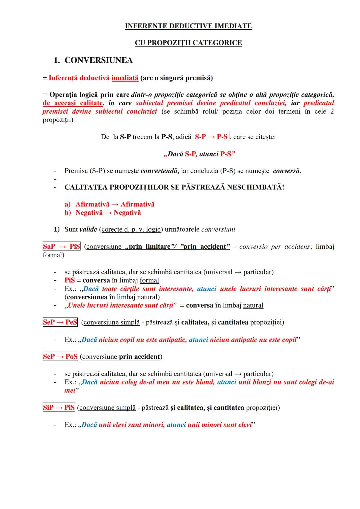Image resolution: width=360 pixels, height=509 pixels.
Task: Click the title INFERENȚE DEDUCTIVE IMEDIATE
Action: (x=188, y=26)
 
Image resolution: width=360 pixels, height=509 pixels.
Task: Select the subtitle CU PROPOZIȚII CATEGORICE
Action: (x=188, y=43)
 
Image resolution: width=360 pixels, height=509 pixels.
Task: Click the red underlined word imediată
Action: (x=125, y=78)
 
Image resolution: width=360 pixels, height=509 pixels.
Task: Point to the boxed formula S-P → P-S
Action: (x=212, y=137)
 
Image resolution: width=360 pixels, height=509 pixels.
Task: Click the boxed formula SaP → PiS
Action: (x=61, y=247)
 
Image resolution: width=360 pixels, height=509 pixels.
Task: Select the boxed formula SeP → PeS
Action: (x=60, y=322)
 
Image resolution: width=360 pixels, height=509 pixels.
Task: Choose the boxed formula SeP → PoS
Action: (x=60, y=357)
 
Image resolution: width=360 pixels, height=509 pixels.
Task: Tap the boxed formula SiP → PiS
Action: (x=59, y=408)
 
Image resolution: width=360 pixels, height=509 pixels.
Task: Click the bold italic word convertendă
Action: (x=159, y=171)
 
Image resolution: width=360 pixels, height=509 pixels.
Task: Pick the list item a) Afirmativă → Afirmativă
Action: (x=110, y=204)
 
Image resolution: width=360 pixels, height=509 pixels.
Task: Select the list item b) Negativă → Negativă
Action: (x=103, y=213)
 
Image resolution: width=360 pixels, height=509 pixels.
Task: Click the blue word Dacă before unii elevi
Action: (x=89, y=425)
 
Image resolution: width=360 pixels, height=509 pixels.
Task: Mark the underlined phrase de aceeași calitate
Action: (x=72, y=103)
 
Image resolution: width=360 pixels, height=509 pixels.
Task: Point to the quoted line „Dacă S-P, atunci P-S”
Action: (x=200, y=154)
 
